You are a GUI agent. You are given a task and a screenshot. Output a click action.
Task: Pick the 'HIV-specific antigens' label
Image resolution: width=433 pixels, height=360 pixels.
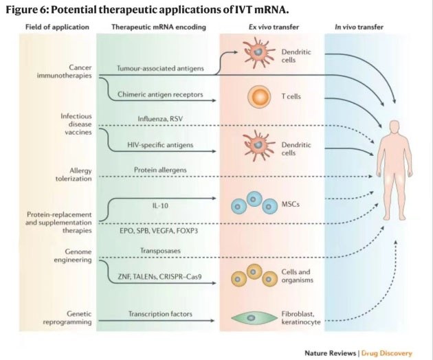157,146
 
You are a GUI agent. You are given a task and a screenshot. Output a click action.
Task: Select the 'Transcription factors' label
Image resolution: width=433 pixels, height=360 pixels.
157,314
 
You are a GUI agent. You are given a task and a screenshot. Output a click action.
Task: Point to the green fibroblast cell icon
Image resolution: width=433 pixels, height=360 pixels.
254,317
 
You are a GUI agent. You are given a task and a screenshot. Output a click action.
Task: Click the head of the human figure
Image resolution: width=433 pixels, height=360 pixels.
393,128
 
